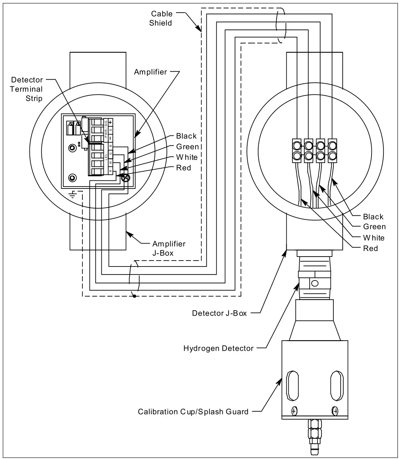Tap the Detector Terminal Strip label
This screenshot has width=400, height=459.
point(27,89)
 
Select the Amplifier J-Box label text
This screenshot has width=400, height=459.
point(168,248)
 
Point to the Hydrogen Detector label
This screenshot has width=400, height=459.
point(218,348)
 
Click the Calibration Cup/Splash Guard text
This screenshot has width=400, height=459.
point(193,412)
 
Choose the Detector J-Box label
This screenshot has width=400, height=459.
point(219,313)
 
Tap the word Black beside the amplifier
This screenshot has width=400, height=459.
point(186,136)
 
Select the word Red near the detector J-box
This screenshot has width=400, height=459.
point(370,248)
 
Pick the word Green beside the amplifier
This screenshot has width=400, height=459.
point(187,147)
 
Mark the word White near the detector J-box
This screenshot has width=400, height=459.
point(373,238)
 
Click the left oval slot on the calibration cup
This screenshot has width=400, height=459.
point(293,386)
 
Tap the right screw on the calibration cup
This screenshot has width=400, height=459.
point(335,411)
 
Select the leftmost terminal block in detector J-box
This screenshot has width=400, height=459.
point(297,150)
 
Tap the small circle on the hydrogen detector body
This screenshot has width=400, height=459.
point(315,283)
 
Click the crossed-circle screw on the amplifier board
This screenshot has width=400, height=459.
point(126,178)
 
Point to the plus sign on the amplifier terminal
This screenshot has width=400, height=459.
point(110,122)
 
